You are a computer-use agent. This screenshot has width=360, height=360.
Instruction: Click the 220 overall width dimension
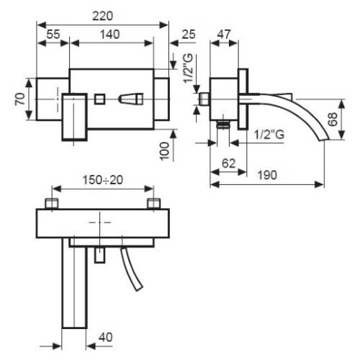(x=103, y=17)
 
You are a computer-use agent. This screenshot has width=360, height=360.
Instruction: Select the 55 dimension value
(x=53, y=35)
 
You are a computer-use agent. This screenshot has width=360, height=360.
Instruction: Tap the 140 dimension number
(x=110, y=35)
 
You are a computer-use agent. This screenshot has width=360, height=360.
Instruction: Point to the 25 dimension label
(x=189, y=35)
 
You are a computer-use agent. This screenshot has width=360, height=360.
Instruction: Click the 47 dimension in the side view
(x=224, y=35)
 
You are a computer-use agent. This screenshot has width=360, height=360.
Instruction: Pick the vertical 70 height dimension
(x=20, y=99)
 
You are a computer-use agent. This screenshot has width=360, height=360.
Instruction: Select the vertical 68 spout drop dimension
(x=333, y=120)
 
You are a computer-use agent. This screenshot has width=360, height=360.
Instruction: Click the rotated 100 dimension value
(x=165, y=151)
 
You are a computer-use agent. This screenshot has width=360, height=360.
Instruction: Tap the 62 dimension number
(x=228, y=163)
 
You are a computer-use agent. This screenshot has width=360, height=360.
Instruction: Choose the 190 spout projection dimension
(x=267, y=175)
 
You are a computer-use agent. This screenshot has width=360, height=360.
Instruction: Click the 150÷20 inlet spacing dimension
(x=103, y=180)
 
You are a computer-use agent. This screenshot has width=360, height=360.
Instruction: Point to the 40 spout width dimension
(x=106, y=337)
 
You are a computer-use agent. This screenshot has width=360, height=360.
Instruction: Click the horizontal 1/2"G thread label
(x=269, y=134)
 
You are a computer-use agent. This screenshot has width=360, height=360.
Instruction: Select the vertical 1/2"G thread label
(x=188, y=68)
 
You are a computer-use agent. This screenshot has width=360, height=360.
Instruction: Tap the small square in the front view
(x=99, y=99)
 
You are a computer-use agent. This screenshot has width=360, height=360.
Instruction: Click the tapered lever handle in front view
(x=131, y=99)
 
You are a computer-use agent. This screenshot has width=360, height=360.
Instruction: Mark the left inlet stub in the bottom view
(x=52, y=204)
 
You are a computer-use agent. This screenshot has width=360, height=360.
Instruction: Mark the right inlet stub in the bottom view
(x=154, y=204)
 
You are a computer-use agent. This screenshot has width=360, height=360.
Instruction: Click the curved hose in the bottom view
(x=132, y=269)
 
